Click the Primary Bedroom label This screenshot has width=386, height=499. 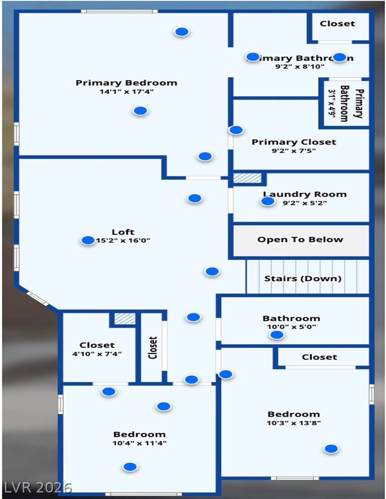point(126,83)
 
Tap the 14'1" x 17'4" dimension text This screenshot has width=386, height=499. point(126,92)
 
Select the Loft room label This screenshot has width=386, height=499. point(123,232)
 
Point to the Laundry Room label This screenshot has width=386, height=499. point(305,194)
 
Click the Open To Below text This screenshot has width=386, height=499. point(300,240)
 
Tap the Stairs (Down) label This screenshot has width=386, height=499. point(303,278)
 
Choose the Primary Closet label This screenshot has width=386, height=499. point(294,142)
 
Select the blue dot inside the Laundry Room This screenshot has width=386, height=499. point(268,201)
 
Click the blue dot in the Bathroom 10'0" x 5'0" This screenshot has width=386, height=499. point(276,335)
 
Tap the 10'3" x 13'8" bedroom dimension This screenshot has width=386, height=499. point(294,423)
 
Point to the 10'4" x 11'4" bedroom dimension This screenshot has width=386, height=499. point(139,443)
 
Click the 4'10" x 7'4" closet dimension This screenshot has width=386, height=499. point(97,354)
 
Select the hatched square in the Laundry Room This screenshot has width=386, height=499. point(247,178)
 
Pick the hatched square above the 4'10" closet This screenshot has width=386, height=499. point(125,319)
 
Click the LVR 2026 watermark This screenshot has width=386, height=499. point(38,487)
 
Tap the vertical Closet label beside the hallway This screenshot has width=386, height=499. point(153,348)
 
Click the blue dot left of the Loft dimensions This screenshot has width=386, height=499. point(88,241)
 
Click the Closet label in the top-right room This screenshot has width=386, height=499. point(337,23)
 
